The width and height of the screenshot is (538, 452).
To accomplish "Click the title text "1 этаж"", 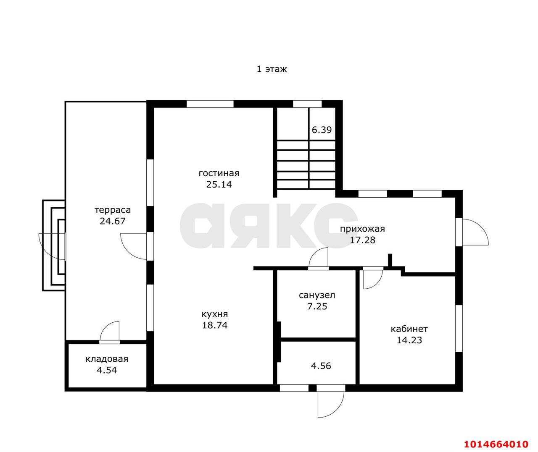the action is point(272,69).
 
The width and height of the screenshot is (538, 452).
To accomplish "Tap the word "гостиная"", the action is point(219,173).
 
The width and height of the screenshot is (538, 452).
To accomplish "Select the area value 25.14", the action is point(219,185).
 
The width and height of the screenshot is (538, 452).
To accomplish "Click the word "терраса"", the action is point(113,210).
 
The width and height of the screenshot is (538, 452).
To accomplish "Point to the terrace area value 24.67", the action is point(113,221).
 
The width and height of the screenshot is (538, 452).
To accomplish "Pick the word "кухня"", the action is point(215,314).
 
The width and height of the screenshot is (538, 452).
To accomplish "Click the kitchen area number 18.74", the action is point(215,325).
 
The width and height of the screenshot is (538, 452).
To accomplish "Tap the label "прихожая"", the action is point(362,229).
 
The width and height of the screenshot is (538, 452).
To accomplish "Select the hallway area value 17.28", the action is point(362,240).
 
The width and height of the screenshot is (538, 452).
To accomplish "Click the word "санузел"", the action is point(317,295).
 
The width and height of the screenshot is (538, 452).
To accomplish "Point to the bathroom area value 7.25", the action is point(317,306).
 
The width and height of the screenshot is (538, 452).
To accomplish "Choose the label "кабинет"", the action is point(409,329).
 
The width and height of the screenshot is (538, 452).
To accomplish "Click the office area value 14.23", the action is point(409,340).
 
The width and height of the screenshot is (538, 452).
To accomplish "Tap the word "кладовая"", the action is point(107,359).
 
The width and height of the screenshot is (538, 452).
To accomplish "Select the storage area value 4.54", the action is point(107,370).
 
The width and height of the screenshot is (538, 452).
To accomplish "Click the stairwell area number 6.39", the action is point(322,130).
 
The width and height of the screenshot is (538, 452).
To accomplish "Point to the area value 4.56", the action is point(321,366).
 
